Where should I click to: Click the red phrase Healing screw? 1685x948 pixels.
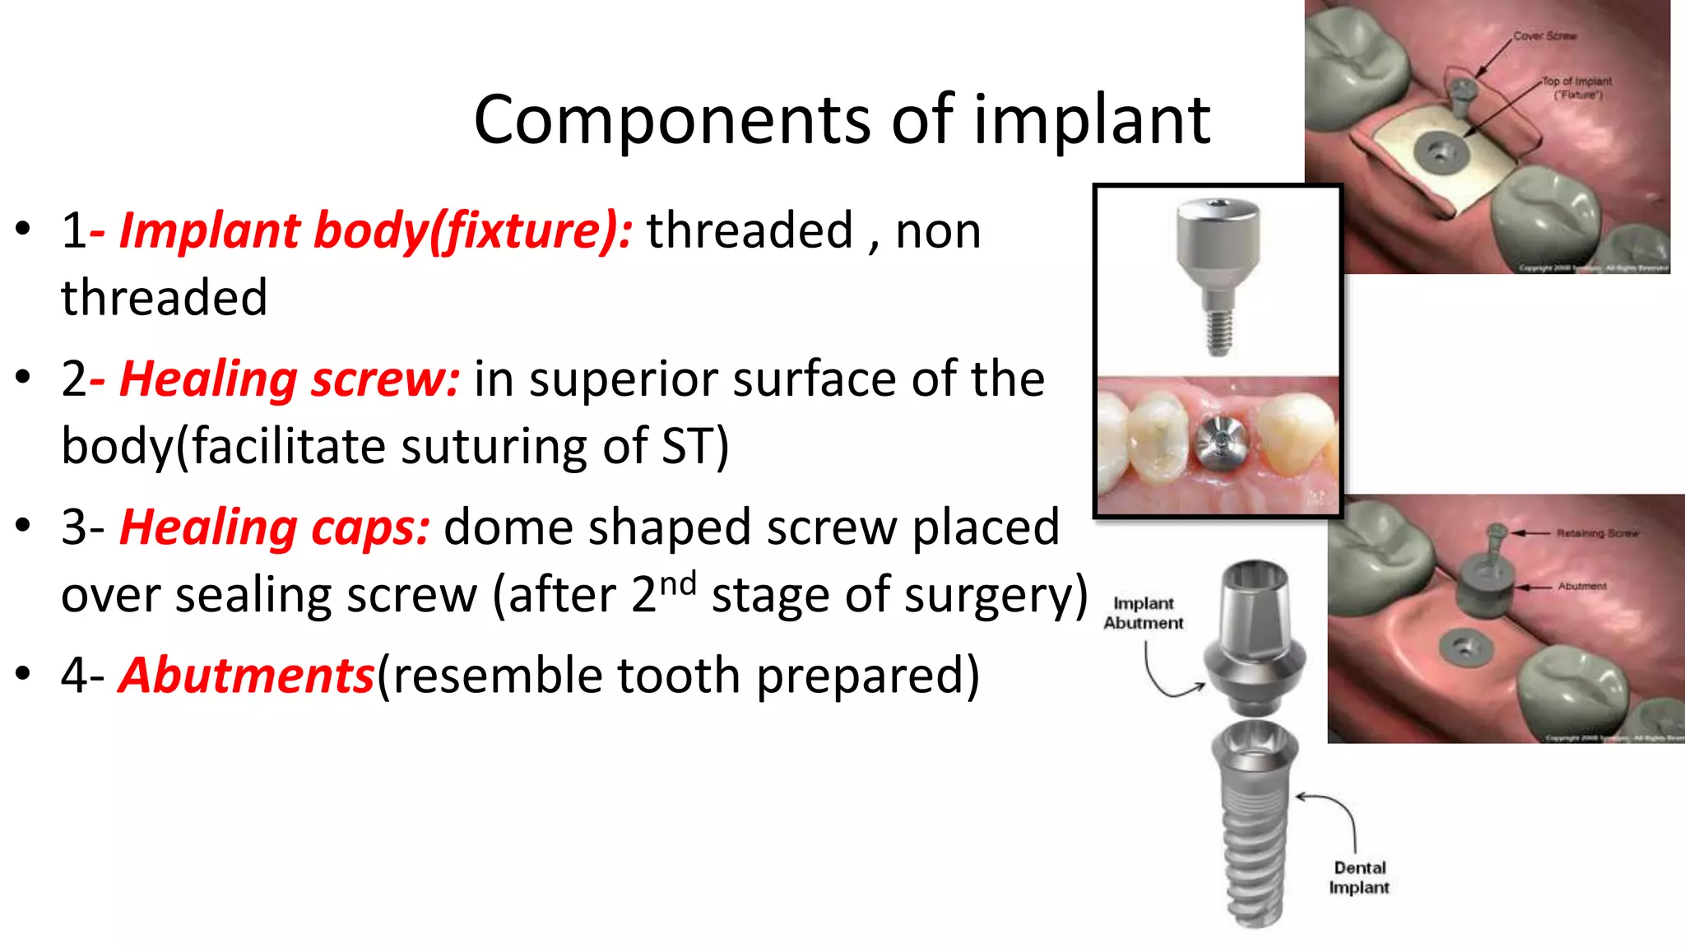[x=289, y=380]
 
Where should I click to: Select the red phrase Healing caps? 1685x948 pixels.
[x=274, y=528]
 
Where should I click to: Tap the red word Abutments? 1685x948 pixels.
[x=246, y=676]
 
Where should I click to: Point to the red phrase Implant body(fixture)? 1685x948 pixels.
[x=376, y=230]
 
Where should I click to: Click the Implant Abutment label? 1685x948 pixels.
[x=1143, y=613]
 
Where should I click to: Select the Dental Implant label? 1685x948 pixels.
[x=1358, y=877]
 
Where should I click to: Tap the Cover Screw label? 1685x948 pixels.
[x=1544, y=36]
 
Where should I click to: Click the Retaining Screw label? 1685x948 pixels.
[x=1596, y=533]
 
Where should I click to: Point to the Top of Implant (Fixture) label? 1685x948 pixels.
[x=1576, y=87]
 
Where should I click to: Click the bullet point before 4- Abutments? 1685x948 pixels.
[x=23, y=674]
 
